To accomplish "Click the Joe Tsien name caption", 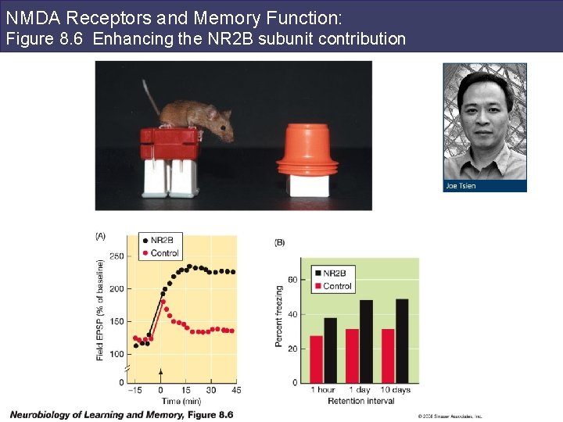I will pos(461,186).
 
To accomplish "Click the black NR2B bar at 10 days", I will pos(402,341).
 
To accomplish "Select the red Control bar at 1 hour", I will pos(316,359).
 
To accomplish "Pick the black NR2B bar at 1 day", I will pos(366,342).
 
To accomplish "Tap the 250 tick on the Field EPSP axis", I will pos(117,256).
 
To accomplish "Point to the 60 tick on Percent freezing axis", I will pos(292,279).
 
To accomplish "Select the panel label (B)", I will pos(280,242).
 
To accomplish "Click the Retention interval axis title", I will pos(360,402).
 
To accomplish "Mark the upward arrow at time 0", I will pos(161,374).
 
